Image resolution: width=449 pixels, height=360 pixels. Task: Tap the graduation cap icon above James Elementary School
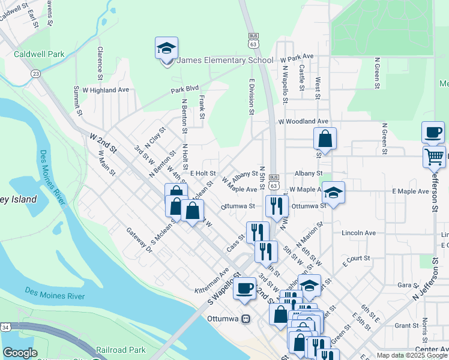(x=166, y=48)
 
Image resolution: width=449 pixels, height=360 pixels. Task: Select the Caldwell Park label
(x=39, y=54)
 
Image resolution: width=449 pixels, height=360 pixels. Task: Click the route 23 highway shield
(x=37, y=73)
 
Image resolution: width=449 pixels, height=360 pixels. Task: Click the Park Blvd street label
(x=184, y=88)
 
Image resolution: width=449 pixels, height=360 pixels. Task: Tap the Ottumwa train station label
(x=223, y=318)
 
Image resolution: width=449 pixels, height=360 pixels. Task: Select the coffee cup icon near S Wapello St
(x=244, y=288)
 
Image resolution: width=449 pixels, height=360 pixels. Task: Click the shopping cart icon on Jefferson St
(x=434, y=157)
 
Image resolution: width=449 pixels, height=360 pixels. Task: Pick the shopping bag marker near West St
(x=324, y=139)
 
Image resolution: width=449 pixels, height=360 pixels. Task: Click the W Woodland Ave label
(x=303, y=121)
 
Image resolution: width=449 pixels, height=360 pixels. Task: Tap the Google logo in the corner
(x=20, y=353)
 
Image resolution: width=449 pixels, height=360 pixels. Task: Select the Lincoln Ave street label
(x=358, y=233)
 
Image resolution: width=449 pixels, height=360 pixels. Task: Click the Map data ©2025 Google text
(x=412, y=355)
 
